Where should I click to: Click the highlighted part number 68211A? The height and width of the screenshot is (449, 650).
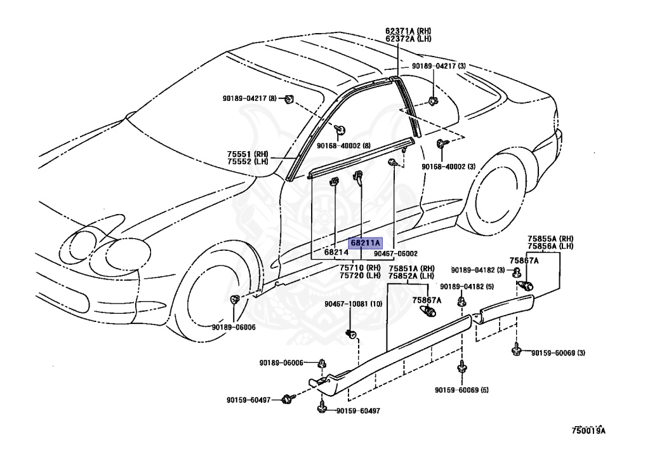[365, 243]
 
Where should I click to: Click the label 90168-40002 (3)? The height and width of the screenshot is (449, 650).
[449, 166]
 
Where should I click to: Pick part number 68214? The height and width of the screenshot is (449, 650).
[336, 252]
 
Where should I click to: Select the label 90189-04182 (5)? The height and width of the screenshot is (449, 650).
[467, 286]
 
